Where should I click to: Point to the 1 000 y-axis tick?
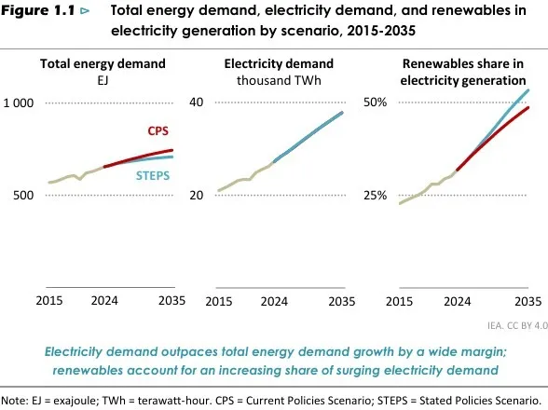point(20,102)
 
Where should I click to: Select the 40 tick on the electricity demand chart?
point(196,102)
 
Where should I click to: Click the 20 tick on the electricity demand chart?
point(196,196)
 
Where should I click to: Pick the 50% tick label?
point(375,102)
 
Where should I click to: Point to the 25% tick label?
point(375,196)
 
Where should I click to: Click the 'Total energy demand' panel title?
point(103,64)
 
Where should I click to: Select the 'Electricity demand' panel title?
point(279,64)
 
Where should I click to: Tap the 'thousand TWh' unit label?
point(279,80)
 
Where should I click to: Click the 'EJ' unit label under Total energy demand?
point(103,80)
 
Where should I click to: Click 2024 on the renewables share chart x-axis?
point(457,301)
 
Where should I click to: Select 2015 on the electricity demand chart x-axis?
point(218,301)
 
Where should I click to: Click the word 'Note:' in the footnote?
point(16,399)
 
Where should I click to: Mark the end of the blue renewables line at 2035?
point(528,89)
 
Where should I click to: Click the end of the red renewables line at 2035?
point(528,108)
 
